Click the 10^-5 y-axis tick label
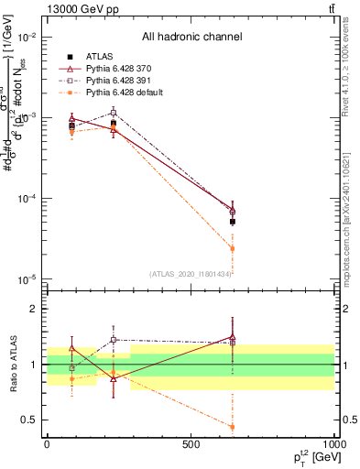(x=27, y=279)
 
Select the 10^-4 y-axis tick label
(x=27, y=199)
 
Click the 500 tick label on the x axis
(x=191, y=444)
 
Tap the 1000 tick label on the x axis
(x=333, y=444)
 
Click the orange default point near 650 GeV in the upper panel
(x=233, y=248)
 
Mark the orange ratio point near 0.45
(x=233, y=427)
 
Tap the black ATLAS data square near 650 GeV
(x=233, y=222)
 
